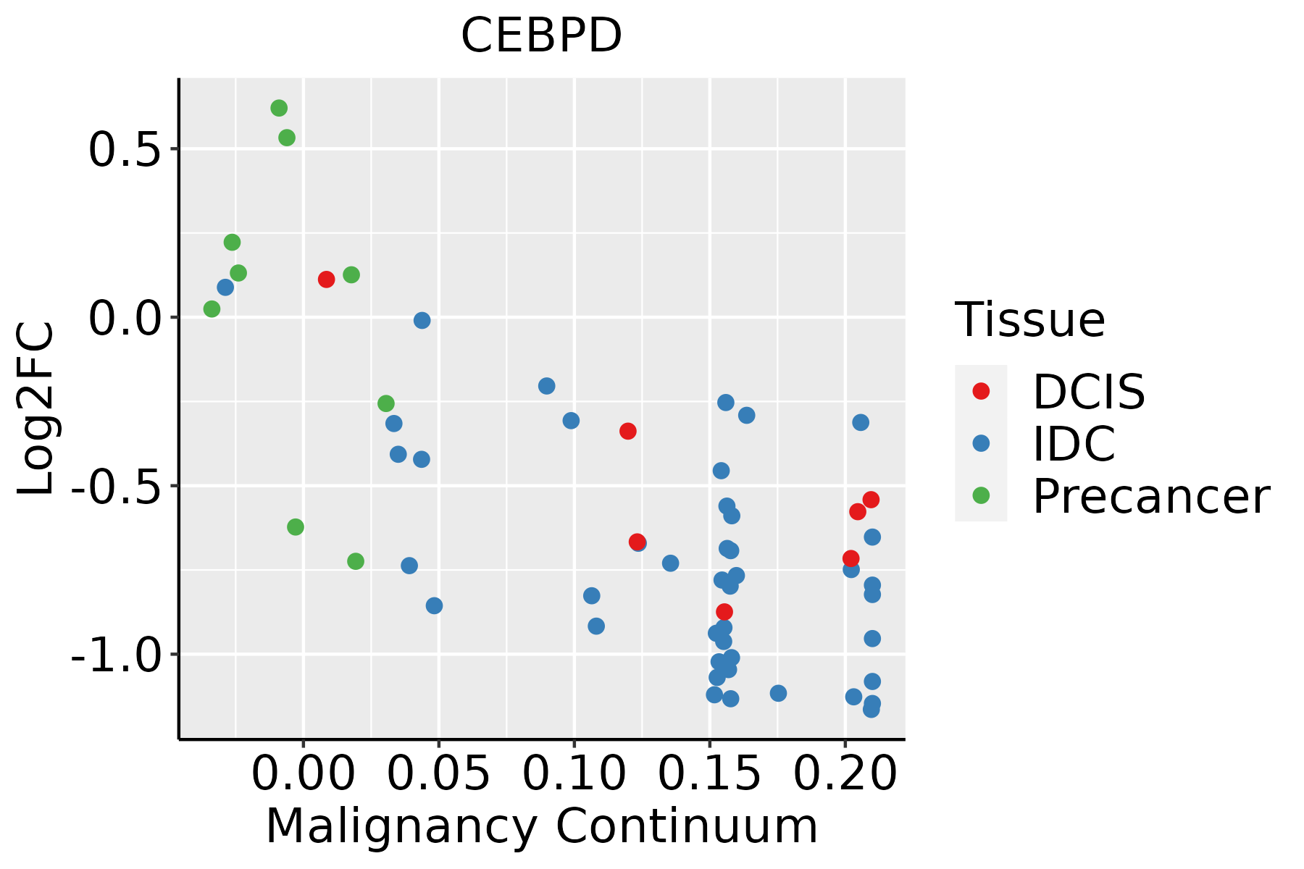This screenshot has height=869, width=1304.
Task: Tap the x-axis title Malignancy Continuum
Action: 541,826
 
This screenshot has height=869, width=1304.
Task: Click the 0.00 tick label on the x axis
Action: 303,773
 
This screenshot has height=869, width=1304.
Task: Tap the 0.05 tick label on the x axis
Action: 438,773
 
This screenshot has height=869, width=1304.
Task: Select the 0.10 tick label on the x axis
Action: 574,773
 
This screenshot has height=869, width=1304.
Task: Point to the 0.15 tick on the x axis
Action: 709,773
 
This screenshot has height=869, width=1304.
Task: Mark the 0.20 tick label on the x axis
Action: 845,773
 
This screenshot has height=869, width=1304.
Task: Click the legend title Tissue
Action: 1029,319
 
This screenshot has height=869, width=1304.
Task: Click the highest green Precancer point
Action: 279,108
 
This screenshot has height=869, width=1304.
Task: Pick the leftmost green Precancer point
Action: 212,309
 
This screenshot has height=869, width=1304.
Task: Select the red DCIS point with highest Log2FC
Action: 326,279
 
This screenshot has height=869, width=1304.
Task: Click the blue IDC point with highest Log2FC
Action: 225,287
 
